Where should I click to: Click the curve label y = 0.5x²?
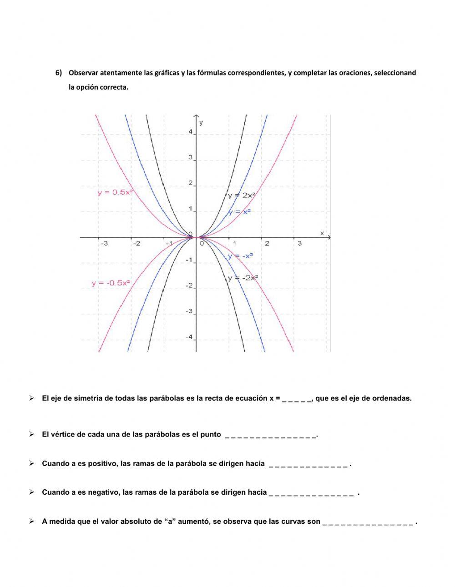click(115, 192)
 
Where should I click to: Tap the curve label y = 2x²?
click(242, 195)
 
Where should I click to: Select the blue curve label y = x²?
click(239, 212)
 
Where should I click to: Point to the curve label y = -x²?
click(240, 256)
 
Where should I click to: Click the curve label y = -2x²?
click(243, 278)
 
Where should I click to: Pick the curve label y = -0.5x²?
click(111, 283)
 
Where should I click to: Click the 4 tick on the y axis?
click(191, 132)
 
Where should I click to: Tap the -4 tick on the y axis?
click(189, 337)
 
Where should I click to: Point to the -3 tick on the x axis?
click(104, 244)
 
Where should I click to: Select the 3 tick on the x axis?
click(299, 244)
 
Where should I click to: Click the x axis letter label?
click(322, 233)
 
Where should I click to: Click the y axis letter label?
click(202, 122)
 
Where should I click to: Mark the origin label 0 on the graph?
click(202, 243)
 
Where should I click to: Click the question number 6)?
click(59, 73)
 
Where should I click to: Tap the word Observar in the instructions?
click(83, 73)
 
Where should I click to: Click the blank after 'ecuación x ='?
click(297, 399)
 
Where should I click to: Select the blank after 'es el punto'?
click(271, 435)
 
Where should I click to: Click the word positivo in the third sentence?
click(102, 464)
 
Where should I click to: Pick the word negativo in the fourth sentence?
click(104, 492)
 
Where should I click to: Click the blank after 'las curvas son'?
click(368, 522)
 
